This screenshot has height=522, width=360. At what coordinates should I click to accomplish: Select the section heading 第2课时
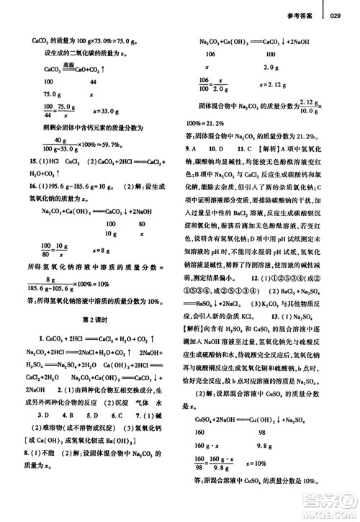click(96, 299)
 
